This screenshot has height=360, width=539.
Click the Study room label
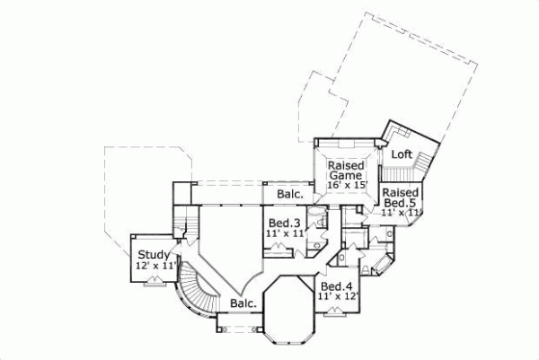point(152,255)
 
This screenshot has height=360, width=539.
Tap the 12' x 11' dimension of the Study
point(154,267)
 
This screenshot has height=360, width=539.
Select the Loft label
point(402,154)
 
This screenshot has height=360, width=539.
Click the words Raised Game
point(344,171)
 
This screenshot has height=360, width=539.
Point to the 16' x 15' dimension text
point(345,186)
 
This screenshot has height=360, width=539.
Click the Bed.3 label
point(284,223)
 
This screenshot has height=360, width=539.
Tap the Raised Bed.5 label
point(398,198)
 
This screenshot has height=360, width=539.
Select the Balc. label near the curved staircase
point(243,303)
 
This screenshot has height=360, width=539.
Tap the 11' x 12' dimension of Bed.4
point(337,296)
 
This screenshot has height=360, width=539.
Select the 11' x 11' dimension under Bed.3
point(284,233)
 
